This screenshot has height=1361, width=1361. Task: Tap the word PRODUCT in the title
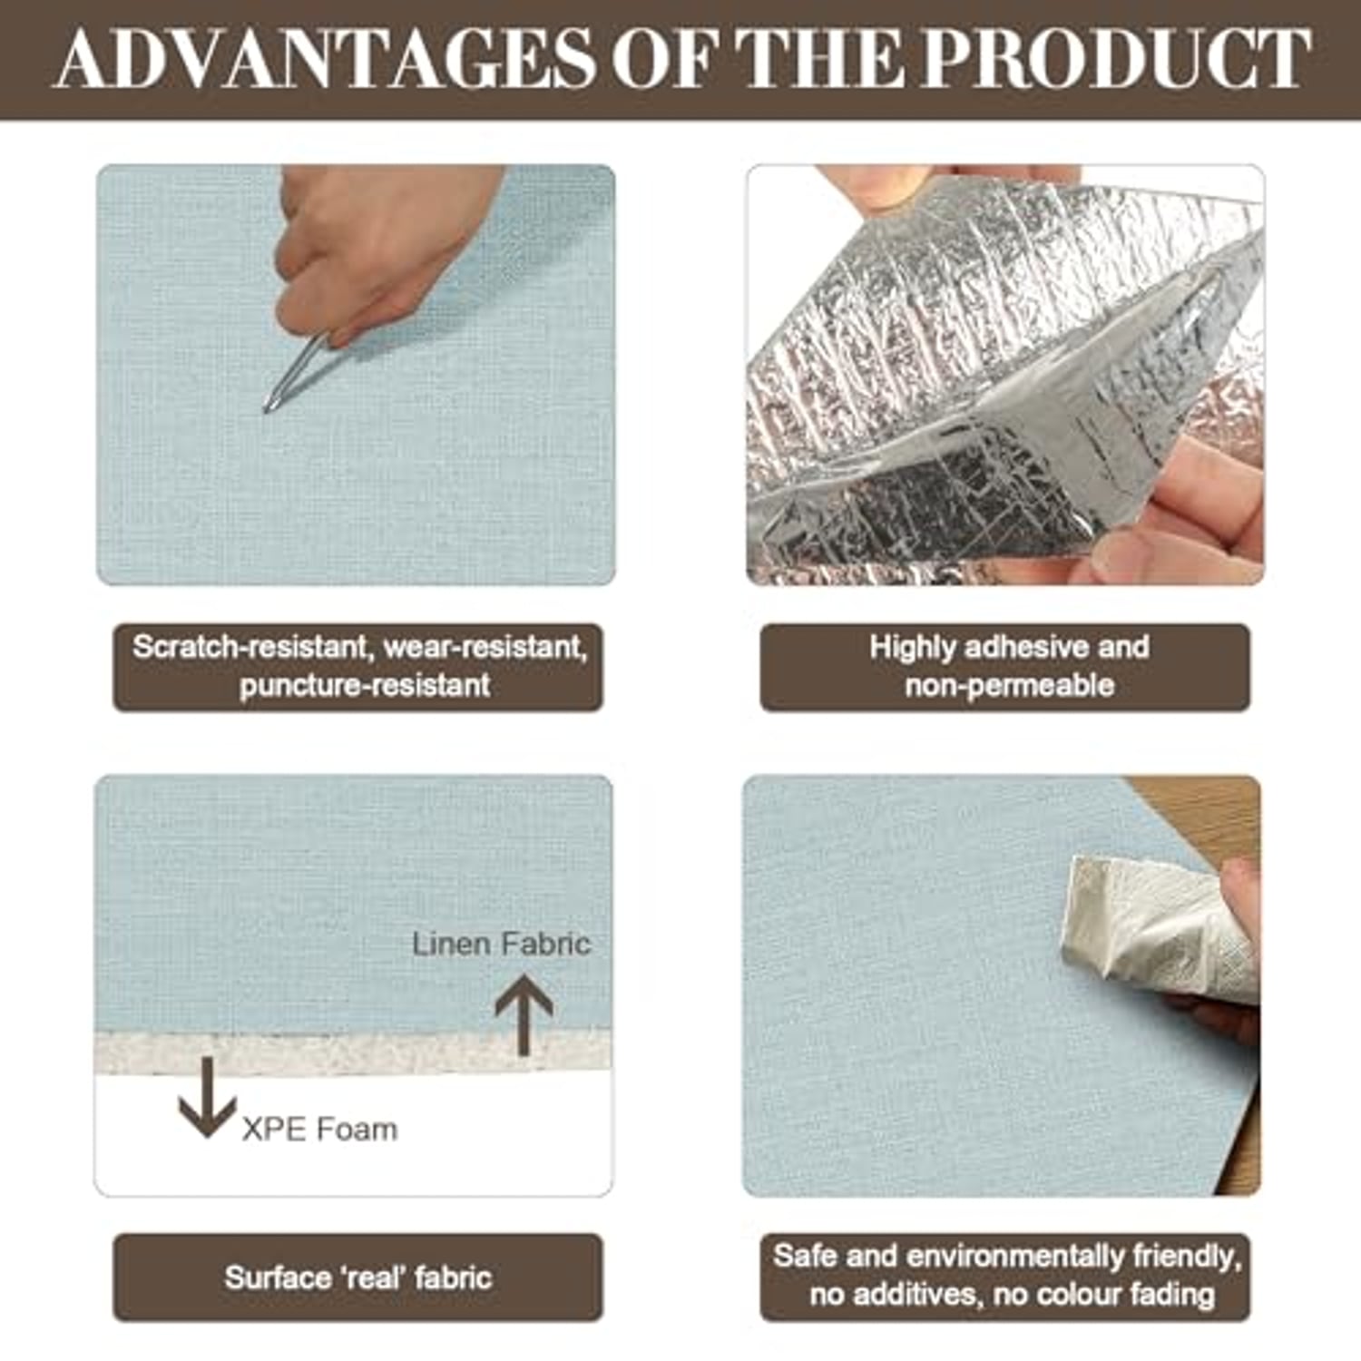tap(1116, 59)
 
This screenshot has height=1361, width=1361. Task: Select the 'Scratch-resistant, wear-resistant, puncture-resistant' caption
tap(358, 666)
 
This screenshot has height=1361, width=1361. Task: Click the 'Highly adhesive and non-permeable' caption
tap(1005, 666)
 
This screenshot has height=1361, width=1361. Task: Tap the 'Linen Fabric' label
tap(501, 944)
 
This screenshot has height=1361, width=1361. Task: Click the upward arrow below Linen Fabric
tap(524, 1014)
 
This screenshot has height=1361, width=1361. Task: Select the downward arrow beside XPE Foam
tap(207, 1097)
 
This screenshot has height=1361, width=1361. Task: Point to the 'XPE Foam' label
tap(319, 1130)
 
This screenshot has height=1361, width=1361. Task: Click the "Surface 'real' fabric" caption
tap(358, 1277)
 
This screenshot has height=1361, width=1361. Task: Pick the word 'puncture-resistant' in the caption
tap(365, 685)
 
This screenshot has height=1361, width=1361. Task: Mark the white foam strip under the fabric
tap(354, 1053)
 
